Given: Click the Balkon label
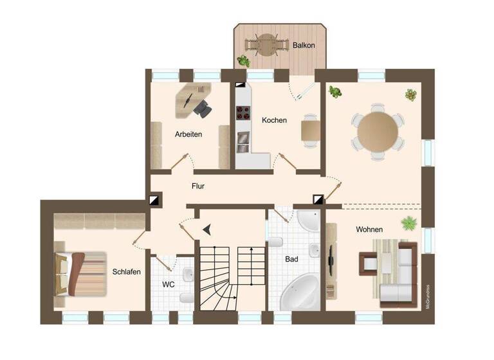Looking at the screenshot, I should [x=304, y=46].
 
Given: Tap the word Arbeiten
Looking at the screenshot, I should [x=188, y=134].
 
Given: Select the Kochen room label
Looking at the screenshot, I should [x=274, y=120].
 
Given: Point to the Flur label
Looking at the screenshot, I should [x=198, y=186].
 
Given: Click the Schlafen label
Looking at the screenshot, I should [x=126, y=271].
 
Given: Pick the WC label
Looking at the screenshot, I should [x=169, y=283].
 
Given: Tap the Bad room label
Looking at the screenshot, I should [x=292, y=259].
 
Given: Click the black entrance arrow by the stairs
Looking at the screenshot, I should [x=207, y=228].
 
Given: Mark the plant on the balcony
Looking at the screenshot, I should [x=244, y=61].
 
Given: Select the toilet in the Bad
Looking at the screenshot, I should [x=275, y=242].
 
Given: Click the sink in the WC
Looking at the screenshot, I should [x=187, y=274].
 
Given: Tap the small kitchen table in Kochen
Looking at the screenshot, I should [x=311, y=130].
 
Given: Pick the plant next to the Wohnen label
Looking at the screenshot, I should [x=408, y=224].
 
